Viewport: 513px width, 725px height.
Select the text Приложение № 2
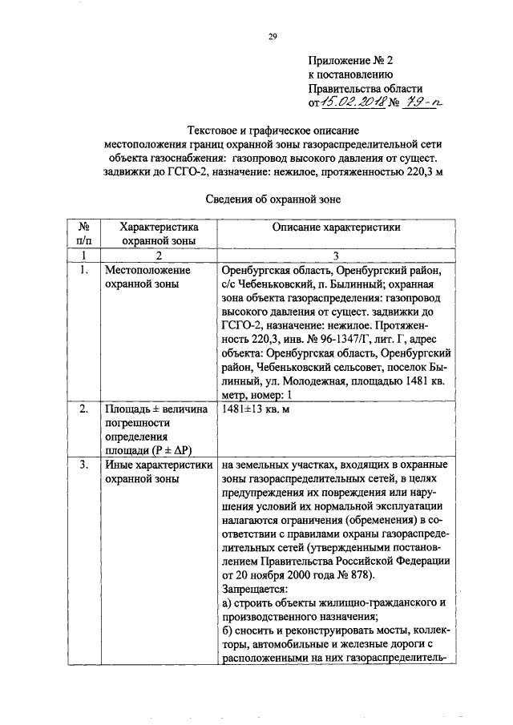pyautogui.click(x=351, y=60)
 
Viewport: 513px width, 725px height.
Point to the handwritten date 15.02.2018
pyautogui.click(x=353, y=102)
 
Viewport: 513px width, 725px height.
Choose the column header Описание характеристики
pyautogui.click(x=336, y=228)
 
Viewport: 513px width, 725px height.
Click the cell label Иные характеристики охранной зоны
pyautogui.click(x=157, y=471)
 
